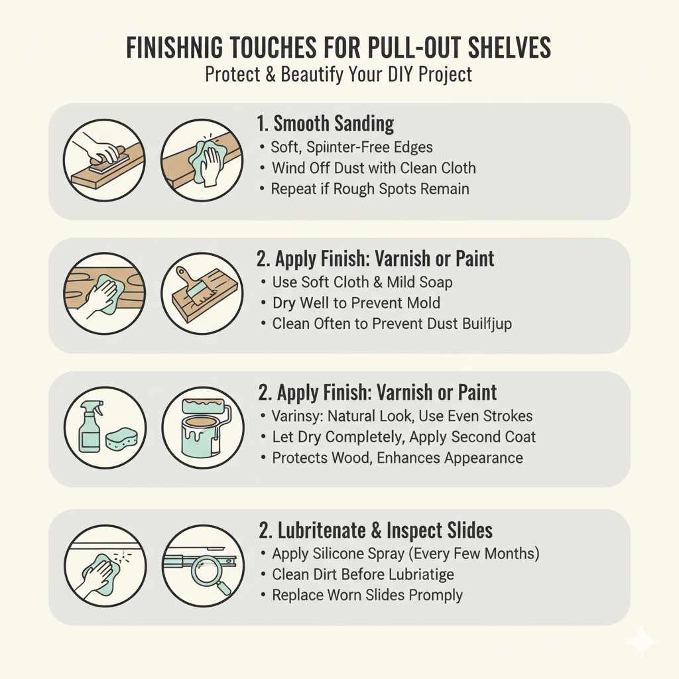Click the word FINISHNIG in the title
click(175, 47)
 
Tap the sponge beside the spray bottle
click(121, 439)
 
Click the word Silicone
click(340, 554)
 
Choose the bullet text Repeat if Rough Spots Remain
click(370, 189)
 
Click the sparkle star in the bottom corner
click(641, 641)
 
